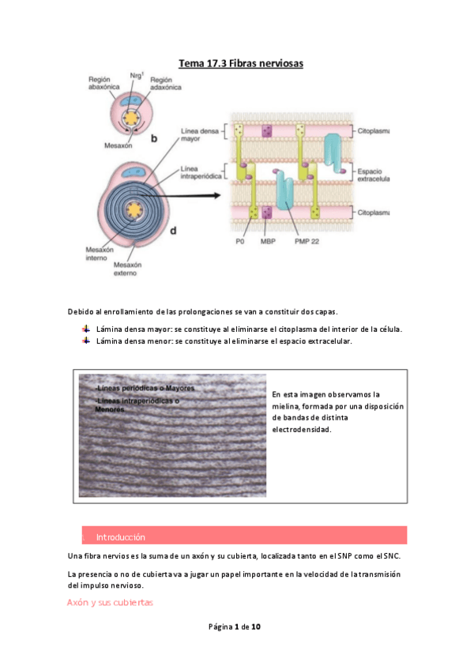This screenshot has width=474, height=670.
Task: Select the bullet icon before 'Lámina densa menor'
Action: (86, 341)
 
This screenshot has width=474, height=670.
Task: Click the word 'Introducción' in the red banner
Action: (121, 536)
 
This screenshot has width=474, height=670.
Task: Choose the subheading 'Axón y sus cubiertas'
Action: (110, 603)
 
